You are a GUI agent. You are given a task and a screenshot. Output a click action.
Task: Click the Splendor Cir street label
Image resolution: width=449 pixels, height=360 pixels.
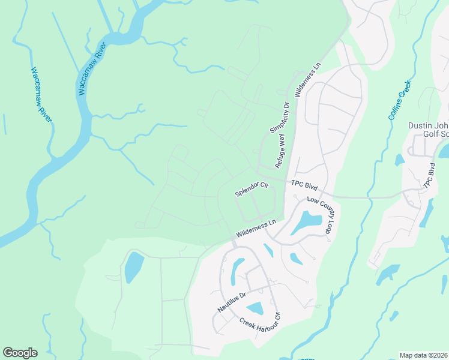coord(251,189)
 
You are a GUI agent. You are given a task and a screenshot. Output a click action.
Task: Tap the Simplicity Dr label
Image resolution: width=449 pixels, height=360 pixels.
coord(279,117)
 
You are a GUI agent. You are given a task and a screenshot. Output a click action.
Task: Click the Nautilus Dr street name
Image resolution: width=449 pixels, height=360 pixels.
coord(232,302)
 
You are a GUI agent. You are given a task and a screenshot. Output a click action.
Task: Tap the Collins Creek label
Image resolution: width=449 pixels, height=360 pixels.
coord(399,100)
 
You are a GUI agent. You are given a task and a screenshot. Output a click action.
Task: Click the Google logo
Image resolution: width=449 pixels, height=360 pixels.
coord(20,353)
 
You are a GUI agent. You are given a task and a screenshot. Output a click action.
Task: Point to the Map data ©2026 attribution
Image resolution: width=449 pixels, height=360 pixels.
coord(423,355)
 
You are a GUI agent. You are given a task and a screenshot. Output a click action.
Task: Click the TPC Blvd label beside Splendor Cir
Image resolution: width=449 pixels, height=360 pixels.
coord(303,184)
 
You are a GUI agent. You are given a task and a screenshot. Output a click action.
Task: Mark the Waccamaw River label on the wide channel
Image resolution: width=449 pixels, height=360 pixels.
coord(93,70)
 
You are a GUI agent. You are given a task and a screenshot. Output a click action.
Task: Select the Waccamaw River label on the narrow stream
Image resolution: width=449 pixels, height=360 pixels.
coord(41,94)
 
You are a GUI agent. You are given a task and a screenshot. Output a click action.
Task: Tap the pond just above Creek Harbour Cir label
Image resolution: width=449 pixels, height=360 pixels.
coord(255,308)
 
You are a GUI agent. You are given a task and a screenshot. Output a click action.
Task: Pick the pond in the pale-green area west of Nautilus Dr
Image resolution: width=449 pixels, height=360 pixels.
coord(133,267)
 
